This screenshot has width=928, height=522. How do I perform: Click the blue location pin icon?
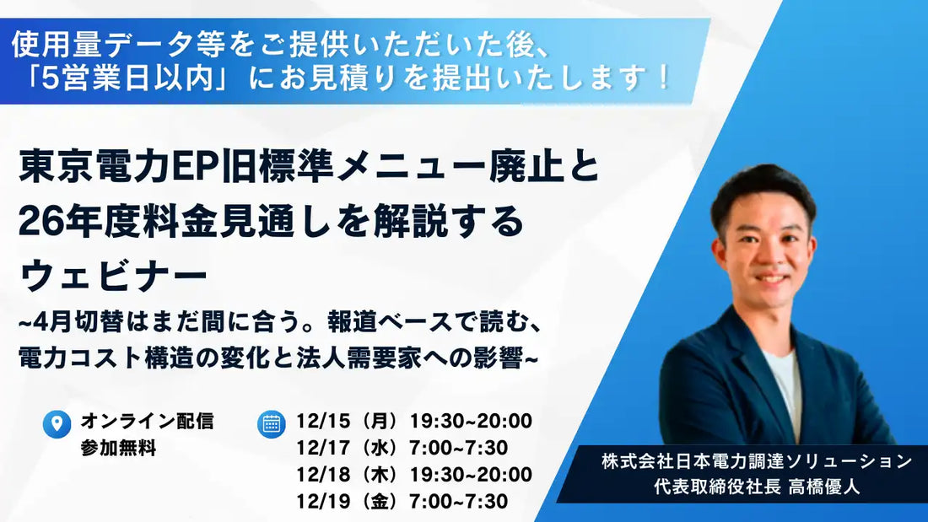click(x=57, y=424)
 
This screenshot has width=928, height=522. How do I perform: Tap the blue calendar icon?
click(x=271, y=423)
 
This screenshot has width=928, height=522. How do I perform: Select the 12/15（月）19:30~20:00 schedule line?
click(x=414, y=421)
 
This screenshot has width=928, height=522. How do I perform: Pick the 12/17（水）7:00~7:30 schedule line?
click(x=402, y=448)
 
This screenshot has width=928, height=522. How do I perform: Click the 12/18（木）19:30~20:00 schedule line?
click(x=414, y=475)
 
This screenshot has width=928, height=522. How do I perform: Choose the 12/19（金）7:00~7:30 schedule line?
click(x=402, y=502)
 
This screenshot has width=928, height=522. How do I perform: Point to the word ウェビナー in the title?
click(x=113, y=274)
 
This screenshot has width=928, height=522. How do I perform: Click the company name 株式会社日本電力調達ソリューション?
click(x=757, y=462)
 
